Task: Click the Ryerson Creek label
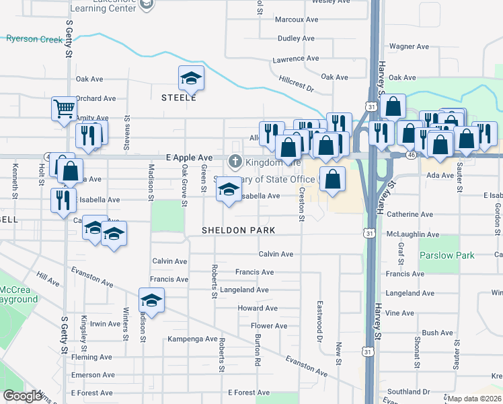click(34, 39)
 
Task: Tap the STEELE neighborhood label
click(179, 98)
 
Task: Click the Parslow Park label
click(447, 256)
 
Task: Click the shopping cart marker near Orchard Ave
click(64, 108)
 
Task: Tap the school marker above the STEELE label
click(191, 79)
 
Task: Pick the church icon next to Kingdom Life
click(235, 162)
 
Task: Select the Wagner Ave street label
click(409, 47)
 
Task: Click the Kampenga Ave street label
click(192, 339)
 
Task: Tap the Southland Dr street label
click(408, 391)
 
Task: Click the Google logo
click(22, 396)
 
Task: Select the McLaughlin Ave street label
click(413, 234)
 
